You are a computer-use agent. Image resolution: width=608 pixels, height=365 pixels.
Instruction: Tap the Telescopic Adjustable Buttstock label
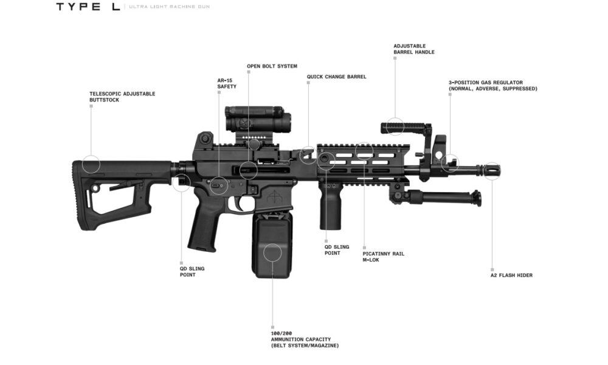pyautogui.click(x=122, y=97)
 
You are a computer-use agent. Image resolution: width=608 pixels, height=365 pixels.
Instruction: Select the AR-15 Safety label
pyautogui.click(x=227, y=83)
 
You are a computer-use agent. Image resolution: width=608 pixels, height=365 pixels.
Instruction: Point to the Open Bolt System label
pyautogui.click(x=272, y=66)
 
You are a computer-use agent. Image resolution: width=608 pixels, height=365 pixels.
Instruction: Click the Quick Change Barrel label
pyautogui.click(x=336, y=77)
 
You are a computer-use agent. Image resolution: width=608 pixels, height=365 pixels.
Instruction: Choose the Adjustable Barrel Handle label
pyautogui.click(x=414, y=49)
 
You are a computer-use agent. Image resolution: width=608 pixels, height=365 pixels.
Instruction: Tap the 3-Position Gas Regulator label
pyautogui.click(x=493, y=85)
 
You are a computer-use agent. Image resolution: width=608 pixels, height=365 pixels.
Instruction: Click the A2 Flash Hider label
pyautogui.click(x=511, y=275)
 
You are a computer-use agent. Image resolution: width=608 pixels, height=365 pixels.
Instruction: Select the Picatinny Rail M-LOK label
pyautogui.click(x=383, y=257)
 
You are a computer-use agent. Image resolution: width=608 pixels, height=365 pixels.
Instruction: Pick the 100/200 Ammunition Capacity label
pyautogui.click(x=305, y=339)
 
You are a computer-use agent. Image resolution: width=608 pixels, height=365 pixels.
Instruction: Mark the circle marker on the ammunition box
pyautogui.click(x=273, y=252)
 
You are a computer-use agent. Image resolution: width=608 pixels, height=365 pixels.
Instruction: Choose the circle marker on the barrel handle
pyautogui.click(x=395, y=127)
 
